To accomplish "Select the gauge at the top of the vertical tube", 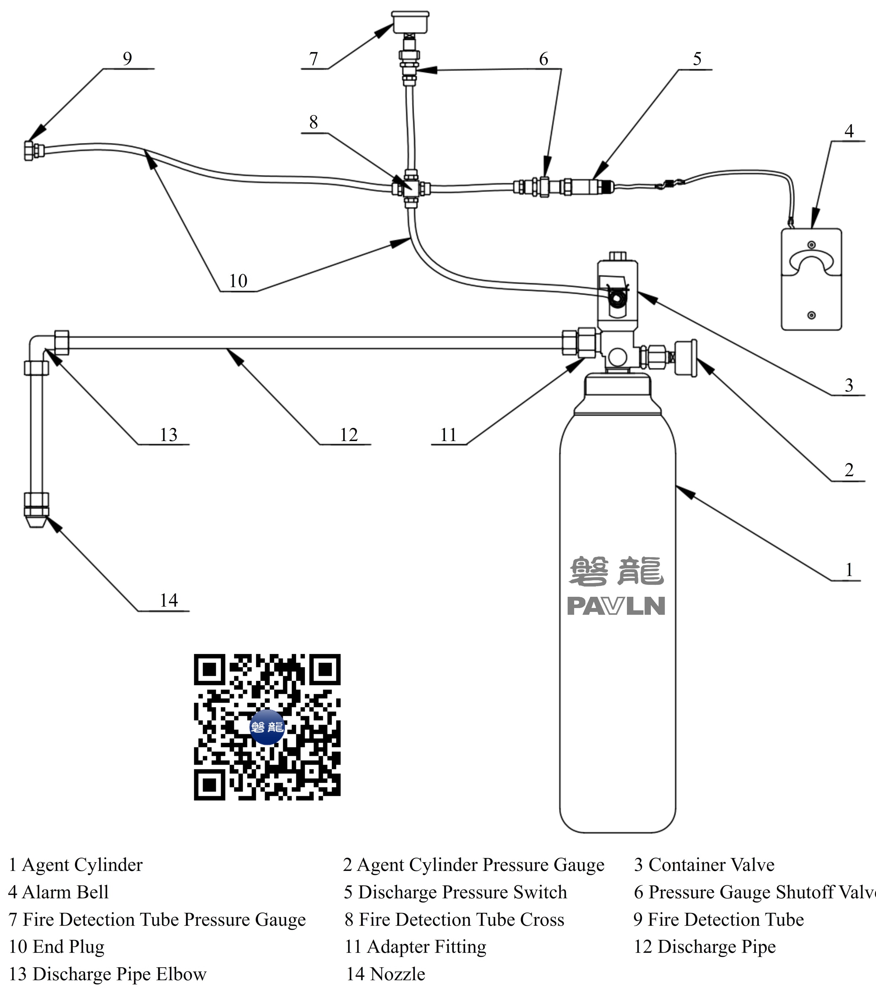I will (411, 22).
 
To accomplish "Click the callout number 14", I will (169, 600).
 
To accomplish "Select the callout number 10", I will (238, 281).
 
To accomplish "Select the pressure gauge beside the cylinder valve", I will (686, 358).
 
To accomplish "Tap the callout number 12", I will (349, 435).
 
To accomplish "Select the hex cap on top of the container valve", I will (617, 256).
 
